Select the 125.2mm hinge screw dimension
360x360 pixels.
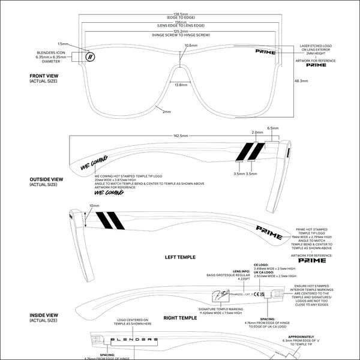click(180, 31)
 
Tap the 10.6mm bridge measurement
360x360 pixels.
click(191, 46)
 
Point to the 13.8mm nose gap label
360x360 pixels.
click(180, 86)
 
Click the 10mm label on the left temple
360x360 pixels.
click(95, 205)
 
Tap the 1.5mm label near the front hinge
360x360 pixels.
click(63, 44)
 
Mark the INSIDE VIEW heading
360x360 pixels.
click(42, 316)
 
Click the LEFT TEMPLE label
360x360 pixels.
click(180, 257)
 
